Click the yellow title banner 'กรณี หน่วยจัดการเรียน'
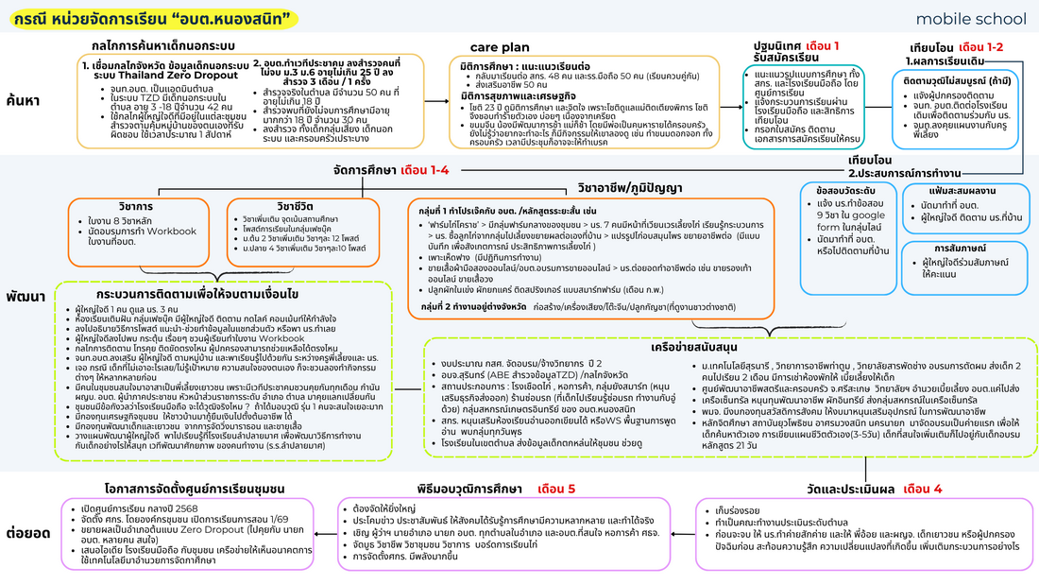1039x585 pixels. click(x=146, y=18)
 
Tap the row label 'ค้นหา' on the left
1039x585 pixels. click(x=24, y=99)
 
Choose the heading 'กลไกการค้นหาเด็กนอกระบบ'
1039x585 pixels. click(x=163, y=45)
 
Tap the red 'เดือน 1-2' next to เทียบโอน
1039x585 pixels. click(x=980, y=46)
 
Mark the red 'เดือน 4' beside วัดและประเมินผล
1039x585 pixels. click(x=922, y=489)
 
